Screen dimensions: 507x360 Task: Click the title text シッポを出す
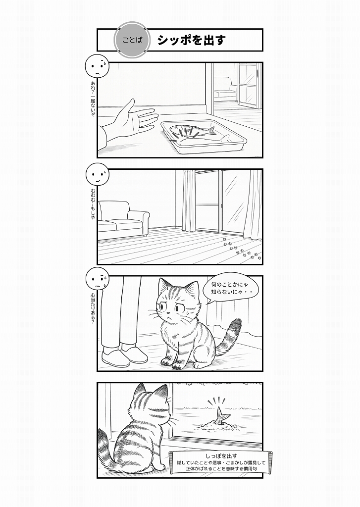tap(191, 40)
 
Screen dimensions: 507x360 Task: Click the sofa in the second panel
tap(123, 218)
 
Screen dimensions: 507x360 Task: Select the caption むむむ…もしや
tap(93, 204)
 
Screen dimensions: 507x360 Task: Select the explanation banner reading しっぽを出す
tap(221, 462)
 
